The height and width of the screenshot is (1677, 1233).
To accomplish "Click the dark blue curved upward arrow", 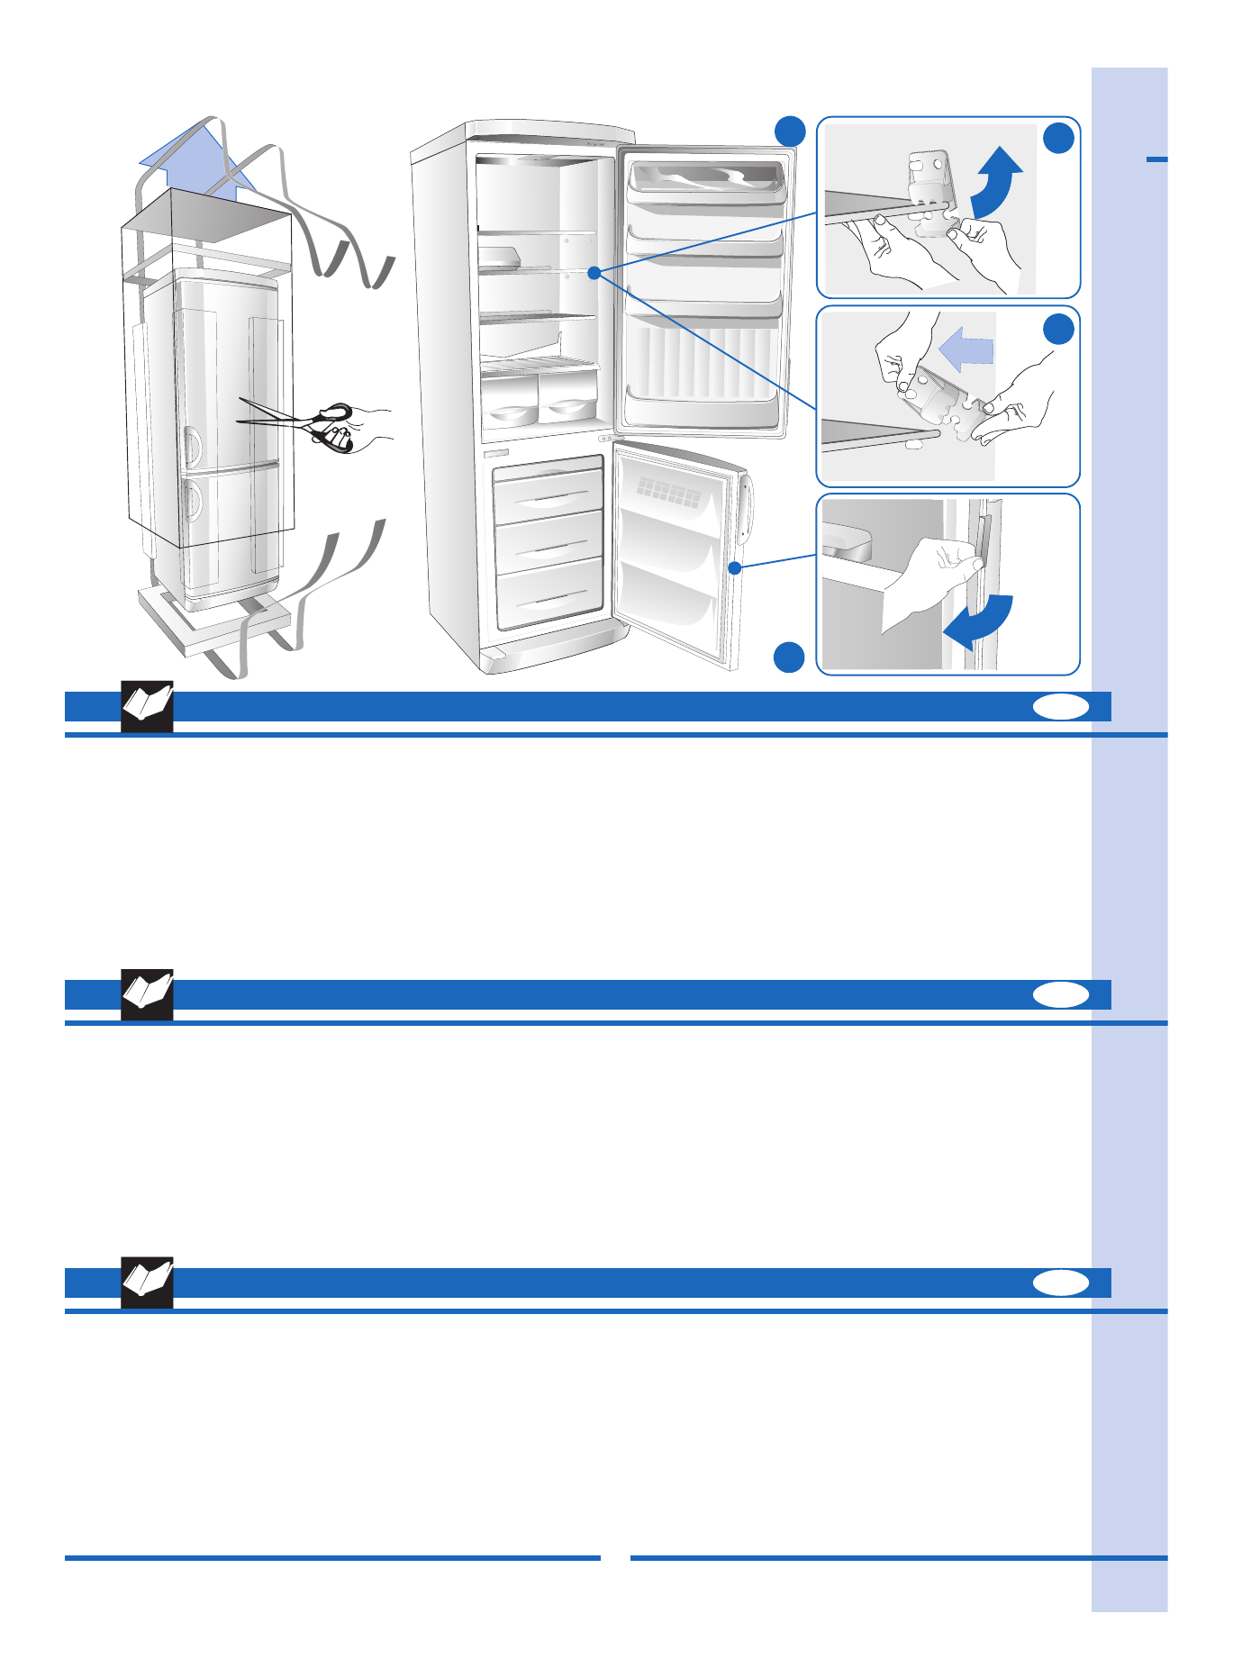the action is point(996,181).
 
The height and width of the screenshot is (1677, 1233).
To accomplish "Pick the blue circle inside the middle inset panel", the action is point(1059,329).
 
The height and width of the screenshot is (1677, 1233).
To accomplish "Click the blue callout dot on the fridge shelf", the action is point(594,272).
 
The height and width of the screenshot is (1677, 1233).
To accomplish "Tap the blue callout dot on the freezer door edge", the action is point(735,567).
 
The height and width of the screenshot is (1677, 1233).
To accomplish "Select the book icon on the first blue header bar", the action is point(147,707).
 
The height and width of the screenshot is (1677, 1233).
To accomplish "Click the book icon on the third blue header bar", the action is point(147,1283).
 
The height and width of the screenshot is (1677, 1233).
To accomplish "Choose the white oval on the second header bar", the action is point(1060,994).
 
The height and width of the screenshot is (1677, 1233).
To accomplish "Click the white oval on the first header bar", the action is point(1060,707).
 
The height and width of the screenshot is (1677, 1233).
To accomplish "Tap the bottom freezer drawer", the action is point(549,593).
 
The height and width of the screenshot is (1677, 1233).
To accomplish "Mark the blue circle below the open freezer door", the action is point(789,657).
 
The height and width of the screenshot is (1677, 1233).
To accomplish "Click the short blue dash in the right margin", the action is point(1156,159).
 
